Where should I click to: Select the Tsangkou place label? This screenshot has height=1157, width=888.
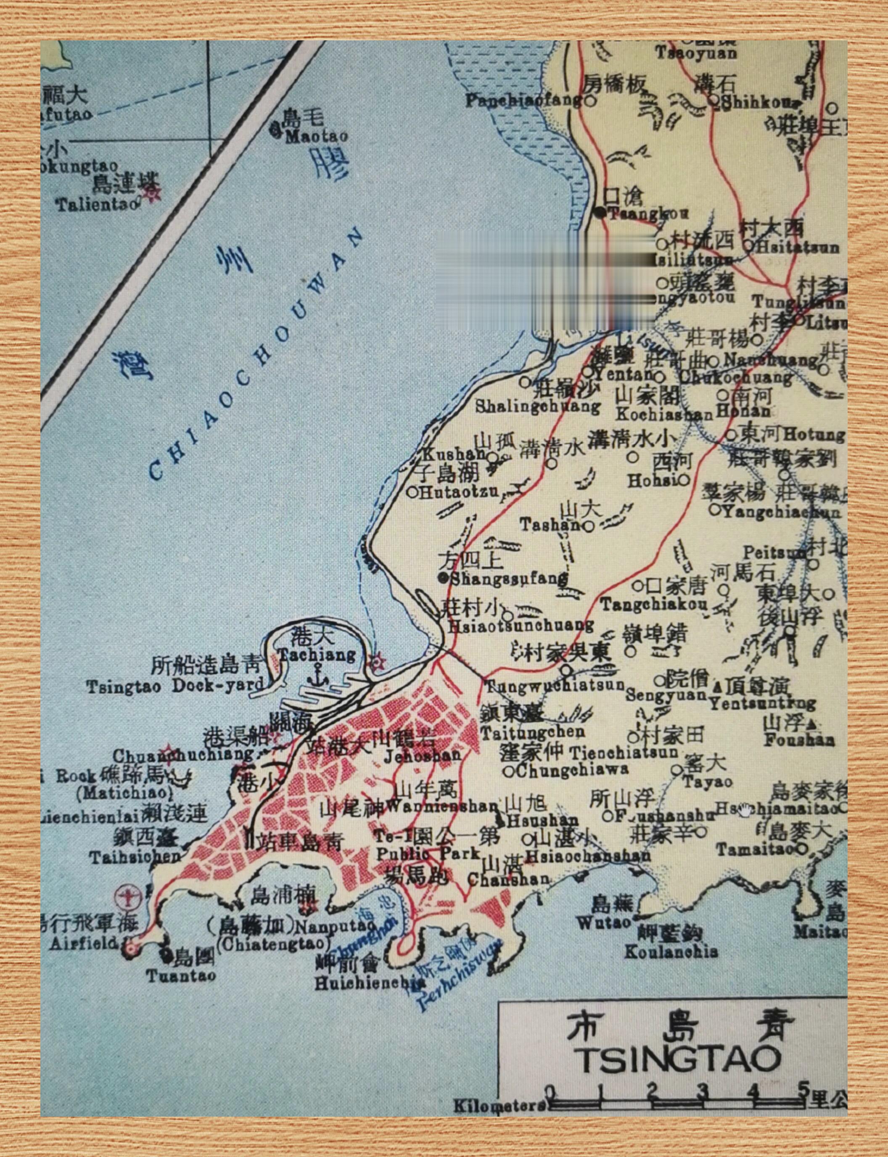(647, 214)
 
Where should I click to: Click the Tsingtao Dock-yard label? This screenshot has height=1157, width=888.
(175, 687)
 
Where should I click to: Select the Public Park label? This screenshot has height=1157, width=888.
(428, 853)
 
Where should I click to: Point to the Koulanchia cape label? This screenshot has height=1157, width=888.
(671, 952)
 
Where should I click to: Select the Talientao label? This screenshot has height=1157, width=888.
(98, 205)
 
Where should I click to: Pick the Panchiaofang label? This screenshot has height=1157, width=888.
(523, 101)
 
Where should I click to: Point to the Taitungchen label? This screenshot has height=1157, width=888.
(532, 732)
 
